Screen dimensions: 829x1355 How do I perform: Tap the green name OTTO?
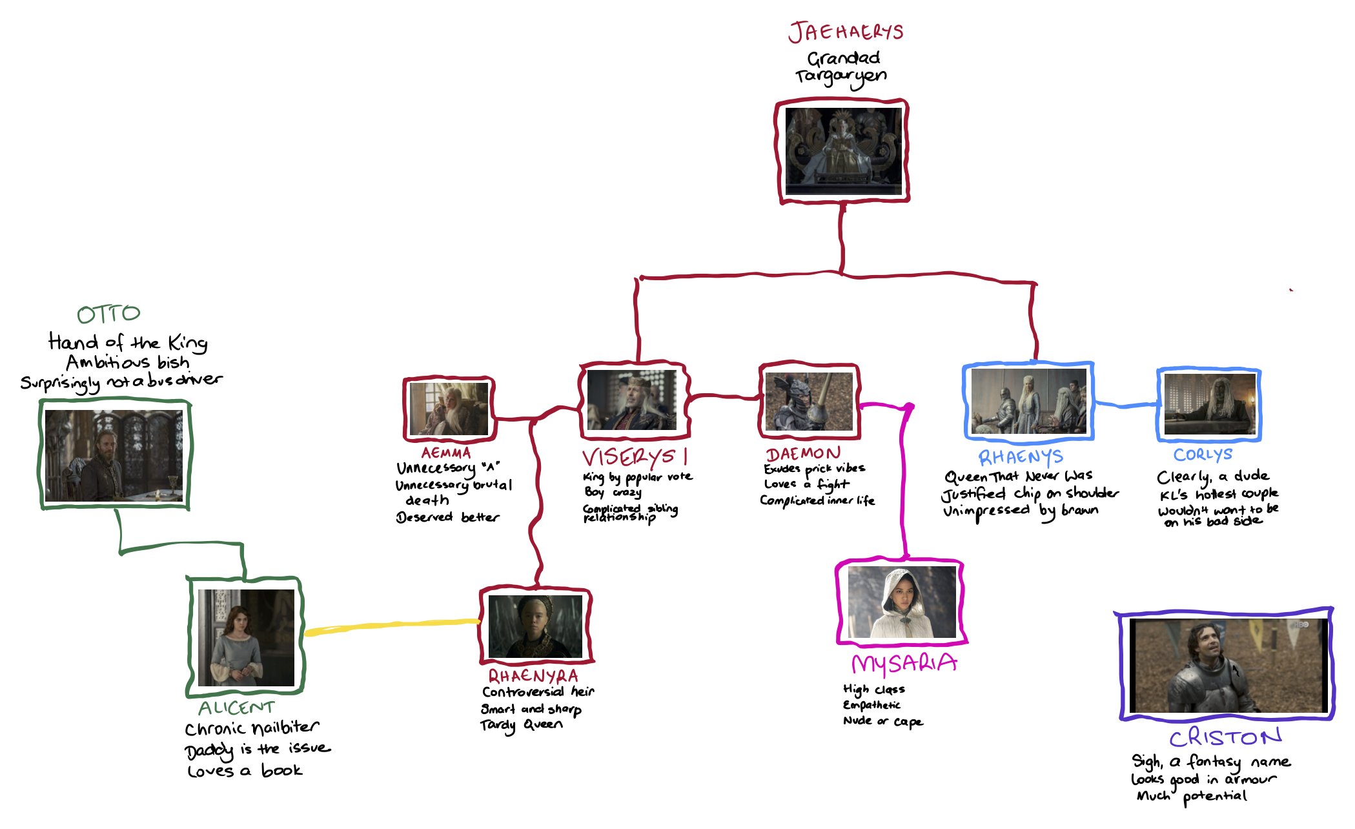pos(108,314)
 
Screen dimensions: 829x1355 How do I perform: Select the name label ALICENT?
pos(236,708)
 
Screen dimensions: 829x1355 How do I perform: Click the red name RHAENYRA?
pos(533,676)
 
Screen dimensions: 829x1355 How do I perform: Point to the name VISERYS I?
pos(635,457)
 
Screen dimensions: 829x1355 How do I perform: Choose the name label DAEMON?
pos(803,453)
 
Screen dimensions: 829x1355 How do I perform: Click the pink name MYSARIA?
pos(904,664)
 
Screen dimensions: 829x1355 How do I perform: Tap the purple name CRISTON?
pos(1225,737)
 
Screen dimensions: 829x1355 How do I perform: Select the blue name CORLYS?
pos(1203,455)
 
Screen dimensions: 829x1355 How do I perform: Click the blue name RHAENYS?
pos(1021,457)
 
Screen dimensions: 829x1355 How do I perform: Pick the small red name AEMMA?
pos(446,453)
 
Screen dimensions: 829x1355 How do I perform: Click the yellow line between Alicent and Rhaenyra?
pos(391,625)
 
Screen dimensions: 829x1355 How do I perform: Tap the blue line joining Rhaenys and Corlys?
pos(1126,405)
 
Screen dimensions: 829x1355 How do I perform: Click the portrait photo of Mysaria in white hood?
pos(902,602)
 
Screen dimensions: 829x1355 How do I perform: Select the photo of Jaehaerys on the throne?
pos(843,151)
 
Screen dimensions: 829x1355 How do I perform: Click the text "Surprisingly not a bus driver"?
pos(121,382)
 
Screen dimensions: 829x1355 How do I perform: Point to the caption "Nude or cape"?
pos(883,721)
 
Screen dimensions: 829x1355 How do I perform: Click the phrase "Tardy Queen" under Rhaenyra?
pos(522,725)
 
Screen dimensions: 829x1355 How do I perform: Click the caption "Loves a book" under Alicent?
pos(245,771)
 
